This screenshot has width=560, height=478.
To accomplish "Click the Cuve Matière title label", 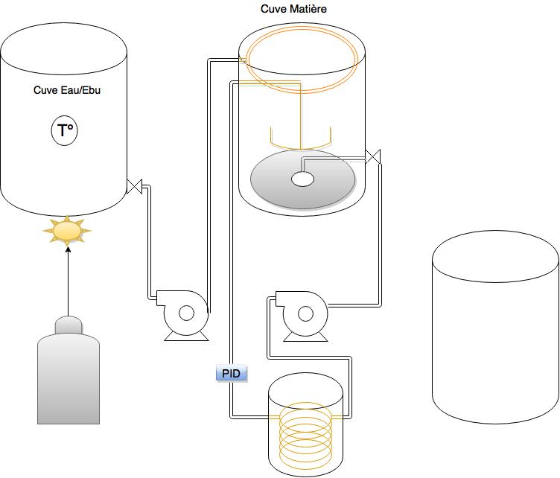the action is [293, 9].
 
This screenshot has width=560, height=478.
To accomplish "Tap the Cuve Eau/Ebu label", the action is [67, 90].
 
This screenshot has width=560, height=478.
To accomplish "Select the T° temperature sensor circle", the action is [65, 130].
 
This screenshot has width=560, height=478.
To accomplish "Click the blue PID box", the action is [231, 374].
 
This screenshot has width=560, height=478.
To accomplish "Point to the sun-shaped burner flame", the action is [67, 230].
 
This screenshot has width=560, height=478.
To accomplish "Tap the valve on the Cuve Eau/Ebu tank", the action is [135, 186].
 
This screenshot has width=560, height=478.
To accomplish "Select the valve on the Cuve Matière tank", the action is [373, 156].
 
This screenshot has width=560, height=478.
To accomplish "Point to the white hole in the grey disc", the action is [303, 179].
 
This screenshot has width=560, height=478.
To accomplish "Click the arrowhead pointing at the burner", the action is [69, 249].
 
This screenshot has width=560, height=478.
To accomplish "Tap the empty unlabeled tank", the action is [495, 327].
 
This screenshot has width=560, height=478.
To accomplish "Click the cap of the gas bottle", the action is [69, 325].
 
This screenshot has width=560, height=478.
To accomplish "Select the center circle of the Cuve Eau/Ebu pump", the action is [186, 313].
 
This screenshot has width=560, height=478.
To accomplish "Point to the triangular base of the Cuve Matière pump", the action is [305, 337].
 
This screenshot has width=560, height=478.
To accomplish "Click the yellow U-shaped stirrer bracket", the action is [301, 147].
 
